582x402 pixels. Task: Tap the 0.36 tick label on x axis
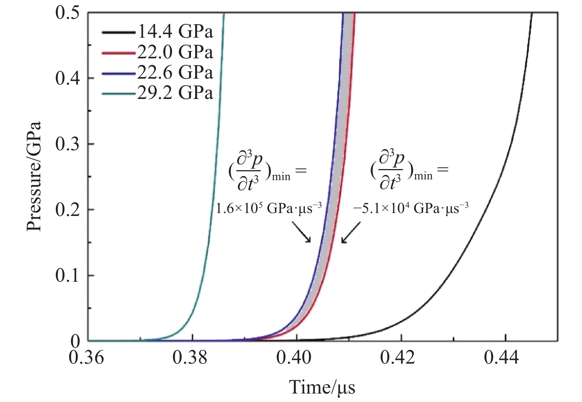pyautogui.click(x=86, y=358)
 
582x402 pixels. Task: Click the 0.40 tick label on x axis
pyautogui.click(x=294, y=358)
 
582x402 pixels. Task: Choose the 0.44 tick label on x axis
pyautogui.click(x=502, y=358)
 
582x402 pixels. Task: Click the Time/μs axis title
pyautogui.click(x=322, y=387)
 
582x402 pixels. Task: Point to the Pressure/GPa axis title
pyautogui.click(x=34, y=176)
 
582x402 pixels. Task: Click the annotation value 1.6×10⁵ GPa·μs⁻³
pyautogui.click(x=269, y=208)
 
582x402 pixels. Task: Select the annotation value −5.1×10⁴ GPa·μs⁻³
pyautogui.click(x=411, y=208)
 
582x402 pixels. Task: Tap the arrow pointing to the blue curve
pyautogui.click(x=301, y=232)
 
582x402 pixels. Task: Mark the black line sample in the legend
pyautogui.click(x=119, y=32)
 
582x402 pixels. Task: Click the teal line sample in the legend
pyautogui.click(x=119, y=93)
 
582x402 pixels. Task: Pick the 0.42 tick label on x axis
pyautogui.click(x=398, y=358)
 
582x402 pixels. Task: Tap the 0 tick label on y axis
pyautogui.click(x=75, y=341)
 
